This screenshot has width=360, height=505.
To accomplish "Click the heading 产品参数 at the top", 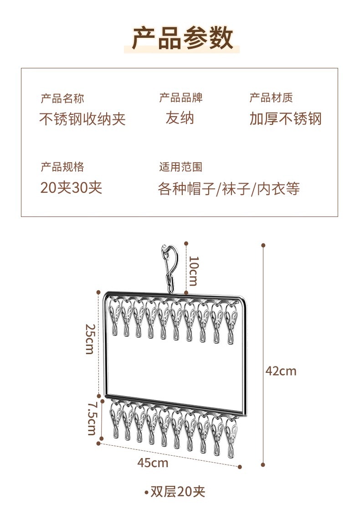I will [182, 38].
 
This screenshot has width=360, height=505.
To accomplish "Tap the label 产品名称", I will [62, 98].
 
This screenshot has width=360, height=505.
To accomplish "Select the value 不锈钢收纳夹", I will [82, 119].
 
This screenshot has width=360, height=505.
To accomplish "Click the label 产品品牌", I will [181, 98].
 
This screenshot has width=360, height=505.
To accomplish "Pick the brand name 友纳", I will [180, 119].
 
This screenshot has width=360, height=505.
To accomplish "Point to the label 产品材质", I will [271, 98].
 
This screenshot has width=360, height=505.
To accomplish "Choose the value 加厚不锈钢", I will [285, 119].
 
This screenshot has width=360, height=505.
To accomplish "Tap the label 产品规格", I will [62, 167].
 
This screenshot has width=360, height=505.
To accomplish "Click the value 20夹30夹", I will [72, 187].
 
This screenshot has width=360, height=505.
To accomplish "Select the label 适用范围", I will [181, 167].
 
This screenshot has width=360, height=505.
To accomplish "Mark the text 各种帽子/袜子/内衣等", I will [229, 189].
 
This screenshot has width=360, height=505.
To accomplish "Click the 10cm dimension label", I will [193, 271].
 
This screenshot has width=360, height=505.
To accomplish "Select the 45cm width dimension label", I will [153, 463].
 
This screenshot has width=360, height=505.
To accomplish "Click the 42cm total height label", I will [281, 371].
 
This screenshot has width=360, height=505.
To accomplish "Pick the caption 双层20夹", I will [178, 492].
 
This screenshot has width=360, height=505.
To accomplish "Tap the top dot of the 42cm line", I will [263, 245].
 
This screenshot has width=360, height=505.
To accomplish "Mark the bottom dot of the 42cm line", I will [263, 465].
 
